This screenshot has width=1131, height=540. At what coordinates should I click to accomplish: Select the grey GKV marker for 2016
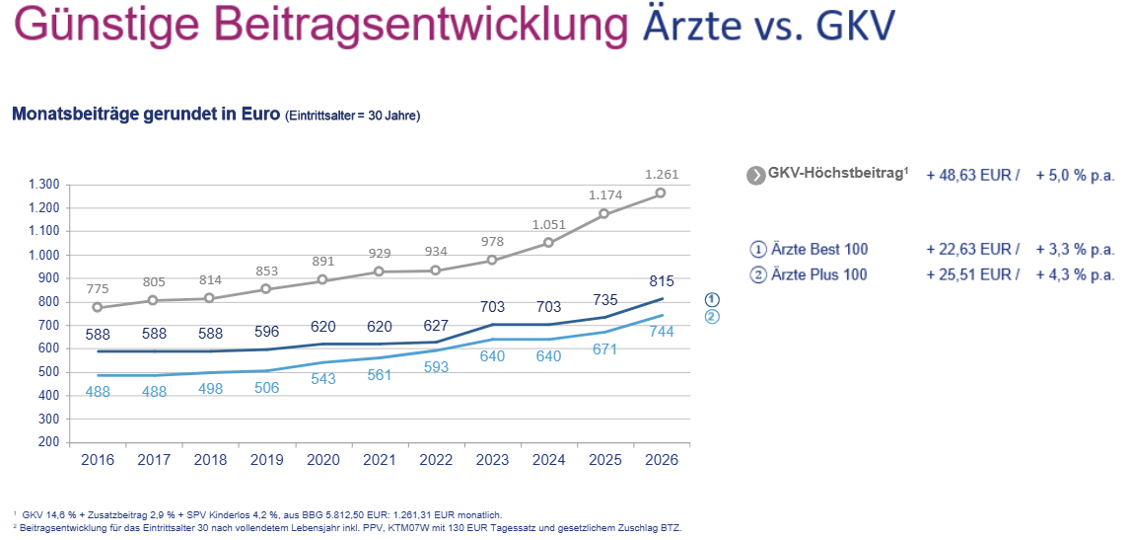[98, 307]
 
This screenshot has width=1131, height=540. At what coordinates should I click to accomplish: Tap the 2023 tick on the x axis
[491, 459]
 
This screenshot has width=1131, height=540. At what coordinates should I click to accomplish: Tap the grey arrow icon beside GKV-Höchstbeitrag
[756, 176]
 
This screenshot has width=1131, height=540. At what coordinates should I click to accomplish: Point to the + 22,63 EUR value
[973, 249]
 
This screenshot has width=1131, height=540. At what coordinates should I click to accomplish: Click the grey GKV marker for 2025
[603, 214]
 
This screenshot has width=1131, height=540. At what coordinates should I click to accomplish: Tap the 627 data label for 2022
[435, 326]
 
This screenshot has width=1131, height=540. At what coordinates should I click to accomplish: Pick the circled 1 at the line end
[711, 299]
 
